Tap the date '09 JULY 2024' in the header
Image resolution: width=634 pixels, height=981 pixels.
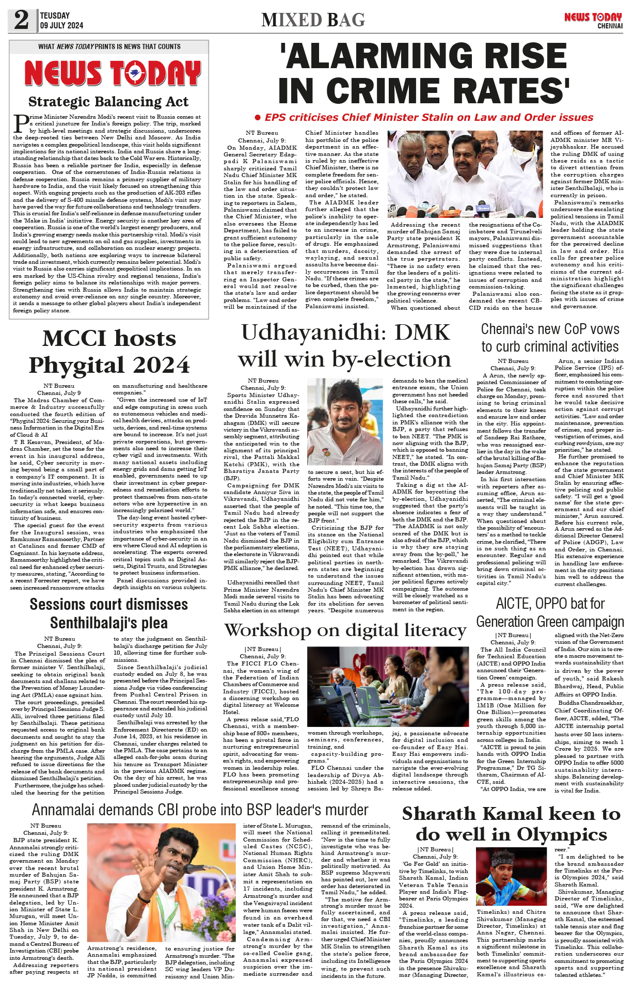pos(61,25)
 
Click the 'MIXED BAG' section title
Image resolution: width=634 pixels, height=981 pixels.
pos(313,20)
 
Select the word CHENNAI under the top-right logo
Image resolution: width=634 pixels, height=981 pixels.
pos(610,26)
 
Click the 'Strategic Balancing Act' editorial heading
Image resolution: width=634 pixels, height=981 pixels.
pos(108,101)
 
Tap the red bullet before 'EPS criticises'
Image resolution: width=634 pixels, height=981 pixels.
pos(258,118)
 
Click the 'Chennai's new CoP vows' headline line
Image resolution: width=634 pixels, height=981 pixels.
pos(550,329)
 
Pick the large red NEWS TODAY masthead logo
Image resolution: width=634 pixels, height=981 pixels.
pos(113,73)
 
